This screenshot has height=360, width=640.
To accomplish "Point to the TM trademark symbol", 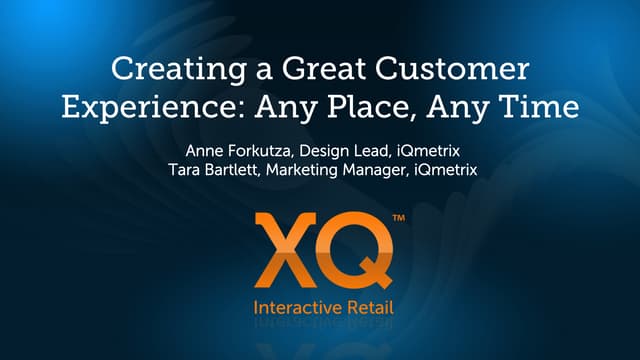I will click(398, 219).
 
